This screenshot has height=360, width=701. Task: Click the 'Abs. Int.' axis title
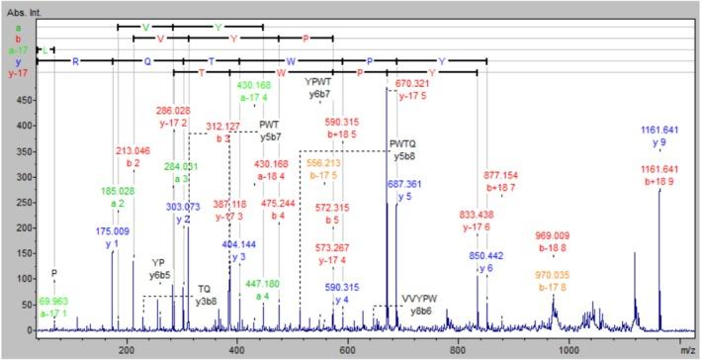coord(24,6)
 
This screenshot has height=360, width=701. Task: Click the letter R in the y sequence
coord(74,60)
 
